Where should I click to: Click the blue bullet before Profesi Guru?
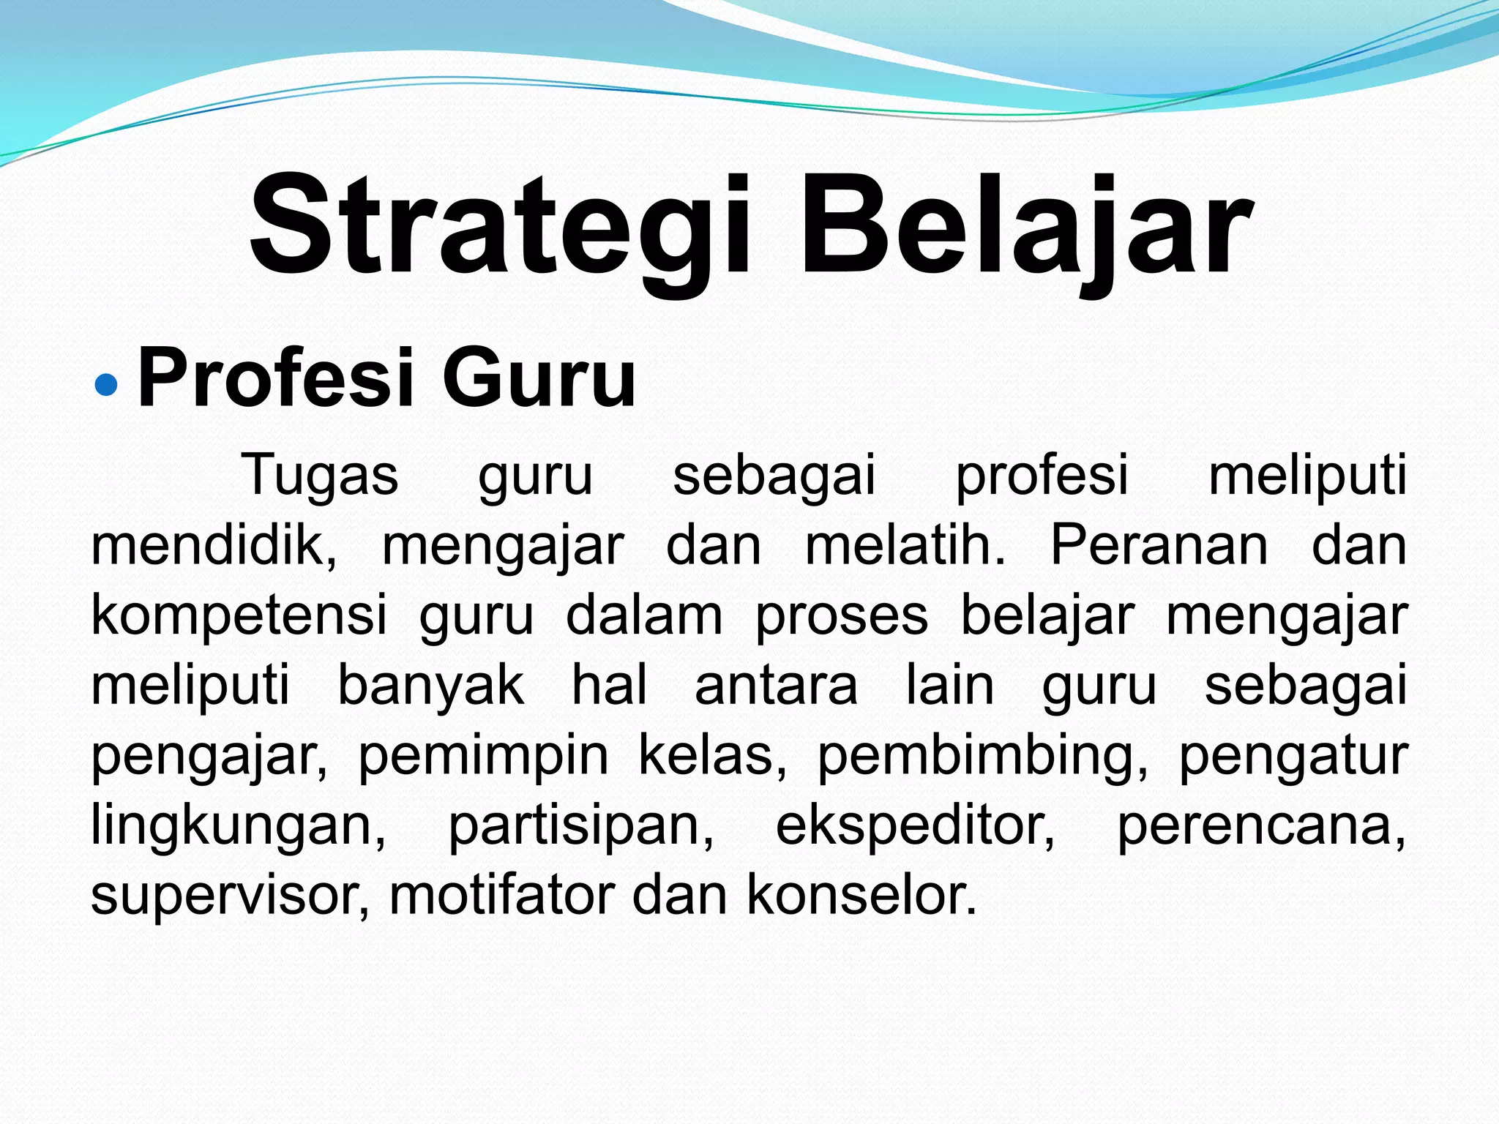[106, 382]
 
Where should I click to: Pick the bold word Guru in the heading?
[539, 379]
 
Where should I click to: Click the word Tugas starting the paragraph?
[320, 476]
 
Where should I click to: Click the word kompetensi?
[239, 616]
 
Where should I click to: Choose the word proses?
[842, 616]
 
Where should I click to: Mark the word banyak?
[430, 686]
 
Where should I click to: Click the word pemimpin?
[483, 755]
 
